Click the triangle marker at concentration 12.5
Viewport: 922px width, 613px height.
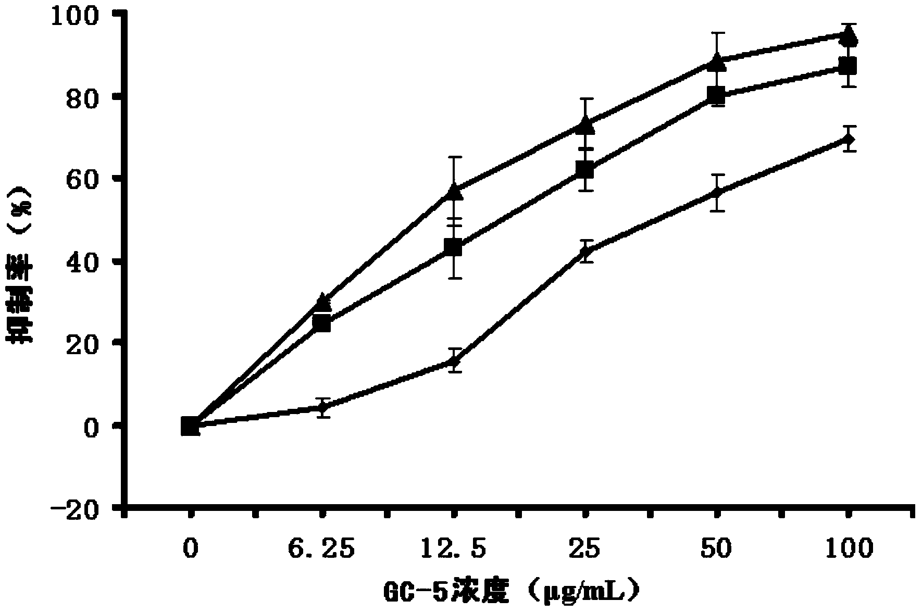(x=455, y=192)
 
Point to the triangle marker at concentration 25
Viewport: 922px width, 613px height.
(x=586, y=125)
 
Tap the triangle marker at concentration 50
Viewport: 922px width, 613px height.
(x=717, y=62)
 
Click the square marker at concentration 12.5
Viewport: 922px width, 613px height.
(x=454, y=248)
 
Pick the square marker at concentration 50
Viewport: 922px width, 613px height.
(x=717, y=95)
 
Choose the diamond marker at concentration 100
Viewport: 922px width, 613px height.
(x=849, y=139)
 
